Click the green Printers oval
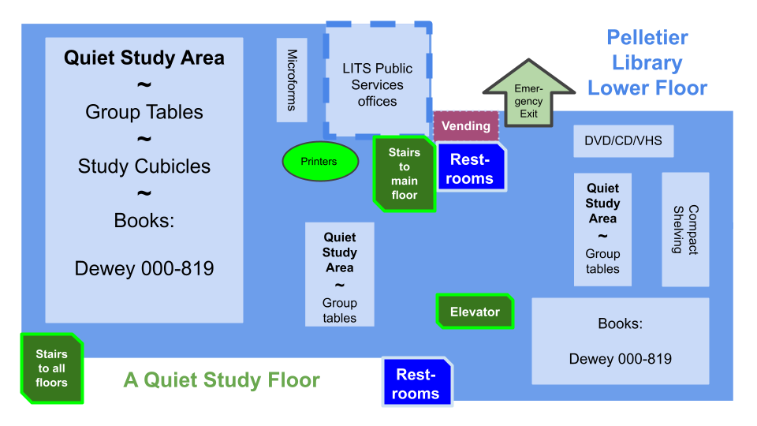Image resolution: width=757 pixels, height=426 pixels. coord(319,162)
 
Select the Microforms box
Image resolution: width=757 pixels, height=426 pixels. coord(292,80)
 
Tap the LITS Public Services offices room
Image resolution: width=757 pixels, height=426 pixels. coord(378,82)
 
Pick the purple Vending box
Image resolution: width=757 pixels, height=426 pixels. coord(466,126)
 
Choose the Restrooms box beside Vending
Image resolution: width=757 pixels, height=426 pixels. coord(471,168)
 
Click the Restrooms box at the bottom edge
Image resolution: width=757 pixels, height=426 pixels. coord(417,383)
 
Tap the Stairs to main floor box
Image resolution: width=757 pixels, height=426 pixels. coord(404,174)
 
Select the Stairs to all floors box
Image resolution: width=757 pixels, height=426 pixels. coord(51,368)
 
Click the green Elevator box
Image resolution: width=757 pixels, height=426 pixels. coord(475,312)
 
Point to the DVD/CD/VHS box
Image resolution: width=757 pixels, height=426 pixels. coord(623,141)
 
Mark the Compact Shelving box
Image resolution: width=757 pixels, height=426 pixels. coord(685,230)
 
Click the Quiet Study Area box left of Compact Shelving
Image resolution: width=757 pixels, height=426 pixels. coord(602,229)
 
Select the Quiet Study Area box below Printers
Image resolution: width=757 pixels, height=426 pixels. coord(340,275)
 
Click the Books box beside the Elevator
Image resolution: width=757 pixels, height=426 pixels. coord(620,341)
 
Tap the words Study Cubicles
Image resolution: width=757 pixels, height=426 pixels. coord(144,166)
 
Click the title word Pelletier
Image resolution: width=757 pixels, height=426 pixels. coord(647,38)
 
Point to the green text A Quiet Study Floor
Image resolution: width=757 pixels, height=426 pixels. coord(222,381)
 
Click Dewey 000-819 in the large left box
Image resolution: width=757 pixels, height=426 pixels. coord(144,269)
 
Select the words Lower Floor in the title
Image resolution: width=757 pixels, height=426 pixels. coord(647,88)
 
